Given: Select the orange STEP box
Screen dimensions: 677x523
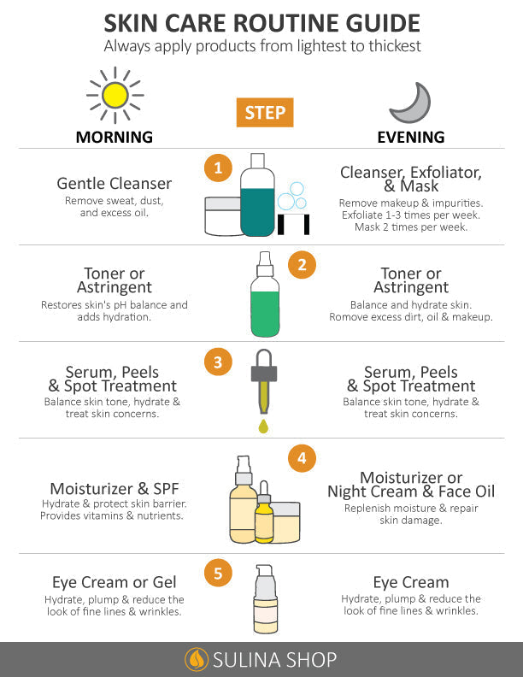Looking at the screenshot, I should (x=264, y=112).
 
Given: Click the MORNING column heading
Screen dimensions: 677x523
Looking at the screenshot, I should (x=115, y=137).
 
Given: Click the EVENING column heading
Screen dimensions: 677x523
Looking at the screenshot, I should (x=411, y=137).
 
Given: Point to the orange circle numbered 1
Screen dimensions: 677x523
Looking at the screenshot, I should (x=218, y=168).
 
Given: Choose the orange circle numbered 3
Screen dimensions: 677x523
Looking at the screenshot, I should (x=218, y=362).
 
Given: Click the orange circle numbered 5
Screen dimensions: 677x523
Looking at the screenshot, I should (x=218, y=574).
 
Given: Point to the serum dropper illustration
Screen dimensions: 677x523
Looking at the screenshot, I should (x=262, y=389).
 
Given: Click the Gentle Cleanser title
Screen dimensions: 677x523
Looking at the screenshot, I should (x=115, y=183).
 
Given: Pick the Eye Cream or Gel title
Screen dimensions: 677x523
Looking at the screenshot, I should (x=115, y=582).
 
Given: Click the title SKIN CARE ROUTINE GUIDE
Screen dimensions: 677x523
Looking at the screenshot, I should (x=261, y=22).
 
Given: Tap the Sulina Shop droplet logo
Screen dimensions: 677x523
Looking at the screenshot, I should (x=197, y=659).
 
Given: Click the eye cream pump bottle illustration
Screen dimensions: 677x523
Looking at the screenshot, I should (x=265, y=598).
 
